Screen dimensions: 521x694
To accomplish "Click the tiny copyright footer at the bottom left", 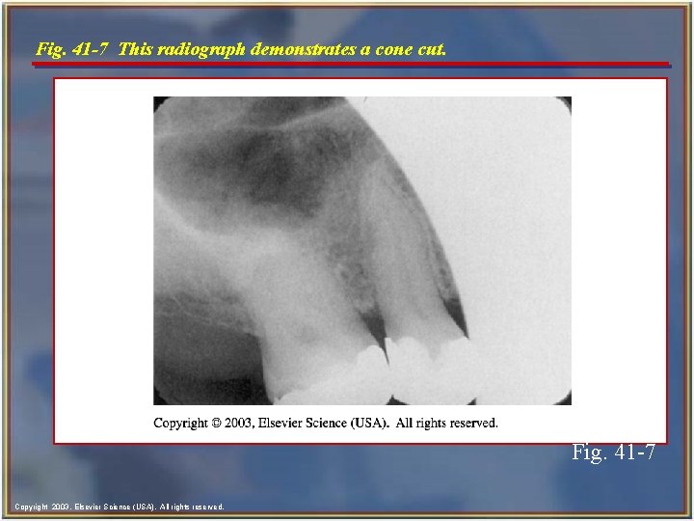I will [x=120, y=507].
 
